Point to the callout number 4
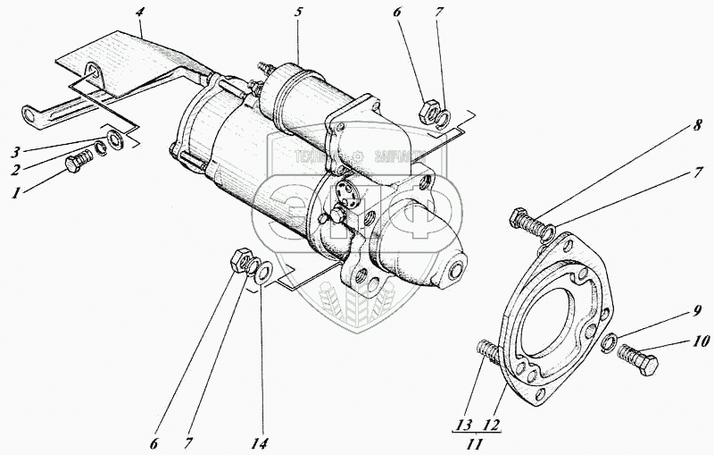click(x=140, y=13)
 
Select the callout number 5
click(x=300, y=13)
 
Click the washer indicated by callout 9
click(x=608, y=342)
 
